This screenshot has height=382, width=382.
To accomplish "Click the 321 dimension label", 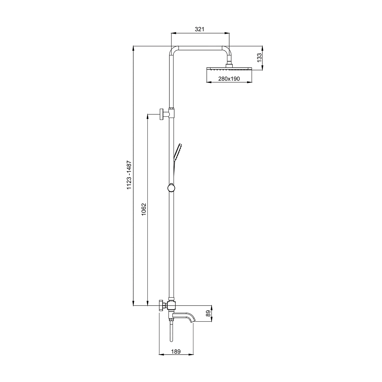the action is pos(200,29).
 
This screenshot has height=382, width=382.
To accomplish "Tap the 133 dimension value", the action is pos(259,58).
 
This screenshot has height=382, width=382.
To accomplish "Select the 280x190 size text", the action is pos(229,79).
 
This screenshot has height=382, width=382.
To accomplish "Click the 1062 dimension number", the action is pos(144,209).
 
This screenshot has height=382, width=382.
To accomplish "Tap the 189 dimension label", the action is pos(176,352).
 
